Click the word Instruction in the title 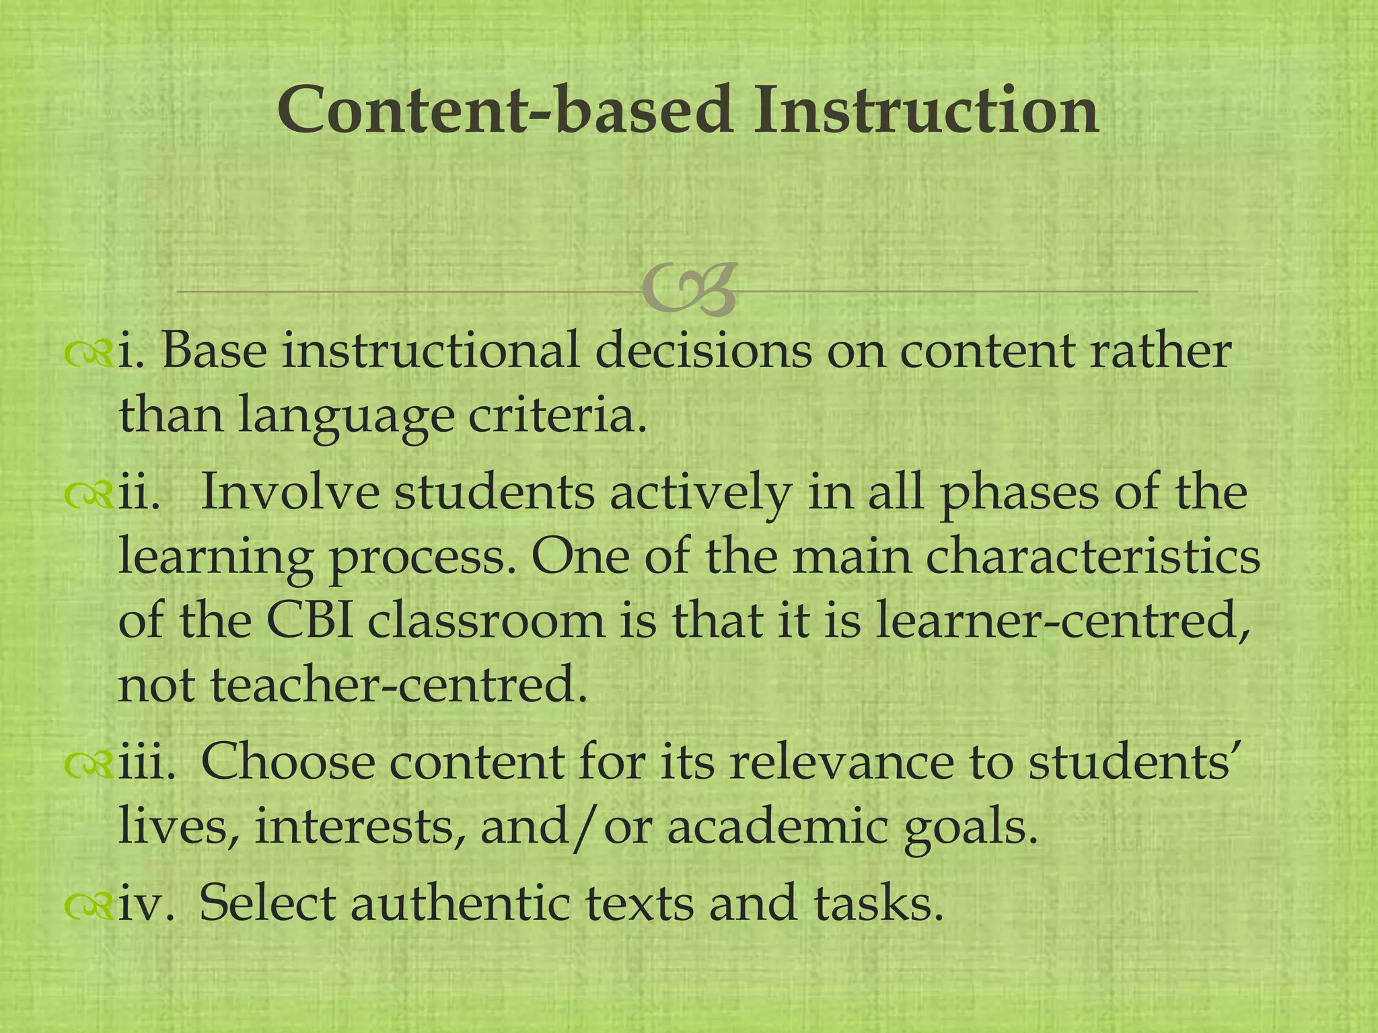pyautogui.click(x=925, y=110)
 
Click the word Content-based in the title pyautogui.click(x=505, y=110)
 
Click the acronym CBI pyautogui.click(x=309, y=621)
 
